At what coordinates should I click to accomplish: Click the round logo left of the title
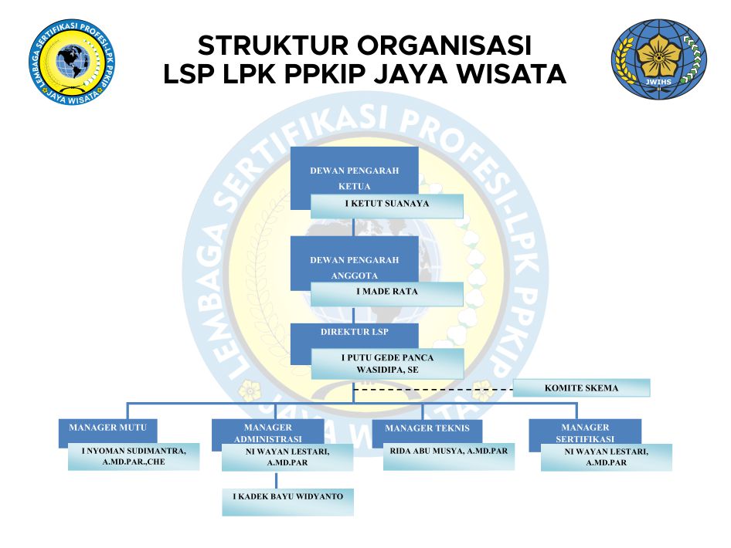point(70,61)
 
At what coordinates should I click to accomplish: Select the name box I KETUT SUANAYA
point(386,205)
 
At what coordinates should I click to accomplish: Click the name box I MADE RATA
point(386,293)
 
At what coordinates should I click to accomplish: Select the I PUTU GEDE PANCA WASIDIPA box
point(387,364)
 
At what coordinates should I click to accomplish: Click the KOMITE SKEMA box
point(581,388)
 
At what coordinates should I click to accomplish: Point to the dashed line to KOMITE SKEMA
point(433,390)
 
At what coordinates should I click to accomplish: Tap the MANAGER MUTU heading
point(102,427)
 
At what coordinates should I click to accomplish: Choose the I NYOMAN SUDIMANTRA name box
point(134,457)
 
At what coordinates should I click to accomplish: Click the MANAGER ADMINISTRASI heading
point(267,433)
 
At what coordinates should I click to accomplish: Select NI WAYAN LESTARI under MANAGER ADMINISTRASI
point(287,457)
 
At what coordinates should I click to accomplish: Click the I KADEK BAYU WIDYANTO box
point(287,496)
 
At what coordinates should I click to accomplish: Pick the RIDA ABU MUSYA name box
point(449,452)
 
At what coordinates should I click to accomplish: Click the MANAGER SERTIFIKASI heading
point(585,433)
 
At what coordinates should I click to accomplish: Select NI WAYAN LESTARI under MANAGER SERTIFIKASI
point(606,457)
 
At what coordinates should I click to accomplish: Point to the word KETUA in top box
point(355,187)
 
